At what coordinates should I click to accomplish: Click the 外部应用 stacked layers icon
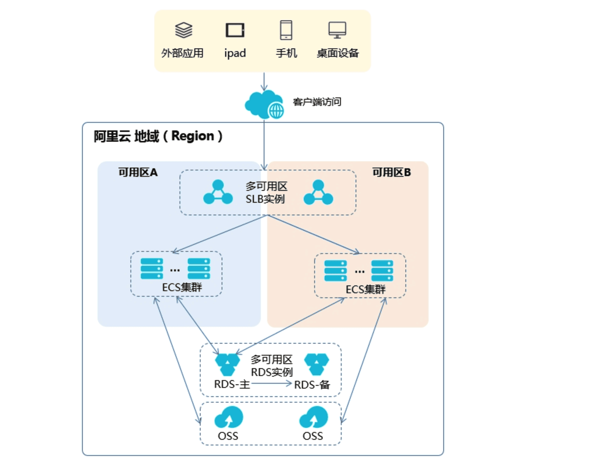[x=183, y=30]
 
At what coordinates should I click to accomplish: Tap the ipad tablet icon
[x=235, y=30]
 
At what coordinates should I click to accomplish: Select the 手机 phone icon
[x=286, y=30]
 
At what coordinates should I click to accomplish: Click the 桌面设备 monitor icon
[x=337, y=30]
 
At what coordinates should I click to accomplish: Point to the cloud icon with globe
[x=264, y=105]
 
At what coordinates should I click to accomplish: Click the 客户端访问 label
[x=317, y=102]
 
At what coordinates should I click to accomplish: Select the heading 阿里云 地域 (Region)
[x=158, y=136]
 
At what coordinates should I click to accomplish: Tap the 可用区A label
[x=138, y=172]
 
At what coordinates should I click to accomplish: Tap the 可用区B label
[x=391, y=172]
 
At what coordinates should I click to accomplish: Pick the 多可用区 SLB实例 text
[x=266, y=193]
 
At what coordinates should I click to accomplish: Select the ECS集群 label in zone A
[x=182, y=288]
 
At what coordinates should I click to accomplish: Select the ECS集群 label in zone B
[x=365, y=290]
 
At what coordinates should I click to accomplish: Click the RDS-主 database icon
[x=227, y=364]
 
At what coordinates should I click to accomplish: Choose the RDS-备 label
[x=312, y=385]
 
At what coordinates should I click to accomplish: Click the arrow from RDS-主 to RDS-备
[x=271, y=384]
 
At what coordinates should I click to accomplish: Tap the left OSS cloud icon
[x=229, y=417]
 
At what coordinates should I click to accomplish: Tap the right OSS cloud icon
[x=314, y=417]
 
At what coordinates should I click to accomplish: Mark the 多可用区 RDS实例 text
[x=271, y=366]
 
